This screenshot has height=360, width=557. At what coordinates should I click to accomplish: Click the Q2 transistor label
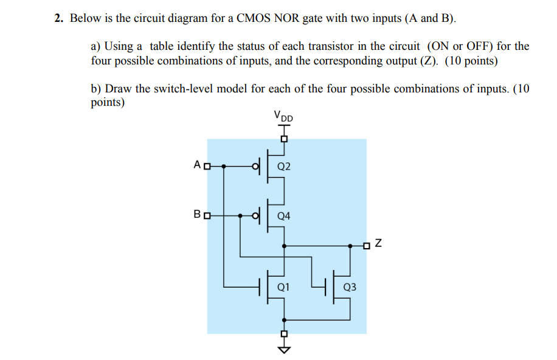tap(284, 166)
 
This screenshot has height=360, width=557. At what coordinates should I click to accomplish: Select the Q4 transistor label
tap(284, 215)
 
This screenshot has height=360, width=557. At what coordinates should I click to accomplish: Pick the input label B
tap(196, 215)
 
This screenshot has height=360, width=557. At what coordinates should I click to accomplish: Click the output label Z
tap(378, 245)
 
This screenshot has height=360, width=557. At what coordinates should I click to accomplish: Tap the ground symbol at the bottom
tap(283, 349)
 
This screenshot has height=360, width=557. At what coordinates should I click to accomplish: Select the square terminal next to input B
tap(207, 215)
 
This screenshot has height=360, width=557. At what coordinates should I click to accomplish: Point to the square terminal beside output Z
tap(366, 246)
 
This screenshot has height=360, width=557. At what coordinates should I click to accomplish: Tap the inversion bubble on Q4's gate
tap(255, 215)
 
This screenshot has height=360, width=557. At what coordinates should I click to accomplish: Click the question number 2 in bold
tap(57, 18)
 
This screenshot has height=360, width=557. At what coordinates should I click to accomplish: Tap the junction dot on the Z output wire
tap(350, 246)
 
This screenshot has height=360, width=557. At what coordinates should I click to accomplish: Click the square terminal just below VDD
tap(283, 139)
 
